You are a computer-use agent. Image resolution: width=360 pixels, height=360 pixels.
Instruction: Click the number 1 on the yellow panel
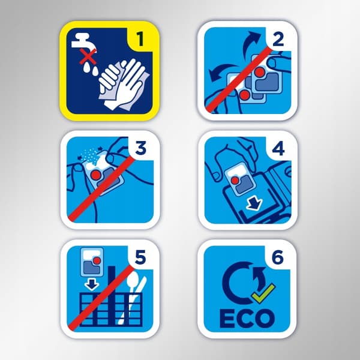[140, 38]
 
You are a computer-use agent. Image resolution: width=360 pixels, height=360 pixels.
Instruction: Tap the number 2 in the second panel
[278, 39]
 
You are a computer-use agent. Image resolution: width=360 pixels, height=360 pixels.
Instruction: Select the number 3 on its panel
[140, 148]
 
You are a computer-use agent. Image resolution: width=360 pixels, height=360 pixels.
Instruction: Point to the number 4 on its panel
[278, 149]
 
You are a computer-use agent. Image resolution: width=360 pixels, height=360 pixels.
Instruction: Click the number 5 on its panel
[140, 257]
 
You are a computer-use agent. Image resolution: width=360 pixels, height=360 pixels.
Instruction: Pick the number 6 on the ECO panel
[278, 257]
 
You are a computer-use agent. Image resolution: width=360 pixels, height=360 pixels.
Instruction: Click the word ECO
[247, 319]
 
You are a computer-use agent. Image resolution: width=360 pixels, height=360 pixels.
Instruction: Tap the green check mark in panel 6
[263, 293]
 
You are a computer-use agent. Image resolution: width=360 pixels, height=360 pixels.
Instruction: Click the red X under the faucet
[88, 57]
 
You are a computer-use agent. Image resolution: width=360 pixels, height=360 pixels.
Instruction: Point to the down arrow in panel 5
[91, 284]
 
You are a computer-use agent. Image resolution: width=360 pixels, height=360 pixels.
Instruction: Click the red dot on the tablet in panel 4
[235, 181]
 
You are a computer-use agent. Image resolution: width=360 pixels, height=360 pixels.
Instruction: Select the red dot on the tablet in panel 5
[97, 260]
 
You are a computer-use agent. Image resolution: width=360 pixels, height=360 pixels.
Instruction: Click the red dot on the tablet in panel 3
[96, 175]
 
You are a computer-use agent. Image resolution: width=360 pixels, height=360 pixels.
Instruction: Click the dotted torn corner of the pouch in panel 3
[90, 155]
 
